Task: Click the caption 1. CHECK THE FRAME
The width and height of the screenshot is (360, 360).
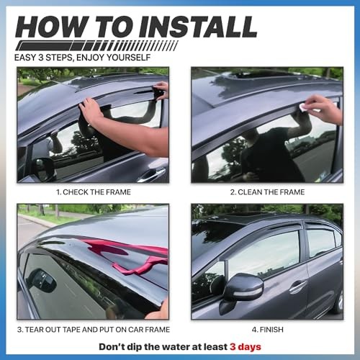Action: [93, 192]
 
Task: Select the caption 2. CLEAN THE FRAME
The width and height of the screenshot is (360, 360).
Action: [266, 192]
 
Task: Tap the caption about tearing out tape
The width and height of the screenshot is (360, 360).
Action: [93, 329]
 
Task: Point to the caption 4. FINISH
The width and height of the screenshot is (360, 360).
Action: [266, 329]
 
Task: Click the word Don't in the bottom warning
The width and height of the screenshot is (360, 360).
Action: [112, 346]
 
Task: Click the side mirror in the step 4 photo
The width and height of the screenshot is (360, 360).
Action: [243, 288]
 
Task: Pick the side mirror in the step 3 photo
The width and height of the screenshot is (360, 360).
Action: [43, 281]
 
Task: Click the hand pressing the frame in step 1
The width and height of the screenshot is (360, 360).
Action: [92, 112]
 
